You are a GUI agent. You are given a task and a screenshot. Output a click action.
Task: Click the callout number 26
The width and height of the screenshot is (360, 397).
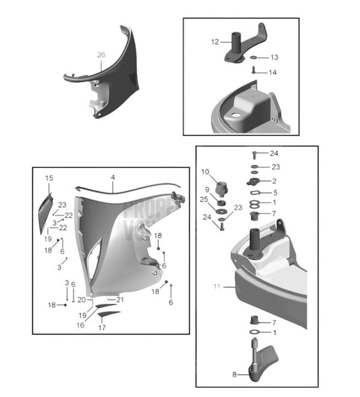coord(101,54)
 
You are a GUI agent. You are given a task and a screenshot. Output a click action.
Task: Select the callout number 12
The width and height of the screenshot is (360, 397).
coord(215,42)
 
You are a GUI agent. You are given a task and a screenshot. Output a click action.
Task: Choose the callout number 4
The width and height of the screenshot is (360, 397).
coord(113,178)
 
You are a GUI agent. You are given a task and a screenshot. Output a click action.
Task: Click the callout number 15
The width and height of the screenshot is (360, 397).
coord(49,178)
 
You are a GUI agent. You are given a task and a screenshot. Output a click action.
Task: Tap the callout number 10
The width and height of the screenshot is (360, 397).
coord(205,171)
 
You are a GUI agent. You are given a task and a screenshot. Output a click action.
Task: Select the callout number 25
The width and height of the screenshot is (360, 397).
coord(204,200)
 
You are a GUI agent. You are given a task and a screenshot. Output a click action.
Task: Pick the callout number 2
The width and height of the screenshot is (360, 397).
coord(274,181)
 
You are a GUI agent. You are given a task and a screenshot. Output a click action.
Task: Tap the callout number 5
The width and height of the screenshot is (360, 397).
coord(274,192)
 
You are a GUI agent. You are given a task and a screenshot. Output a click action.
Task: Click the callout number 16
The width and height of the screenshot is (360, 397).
coord(80,325)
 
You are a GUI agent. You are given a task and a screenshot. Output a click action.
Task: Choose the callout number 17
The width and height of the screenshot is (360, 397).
coord(102,328)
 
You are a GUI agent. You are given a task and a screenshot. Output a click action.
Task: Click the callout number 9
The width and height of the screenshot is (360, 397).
coord(207,189)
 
